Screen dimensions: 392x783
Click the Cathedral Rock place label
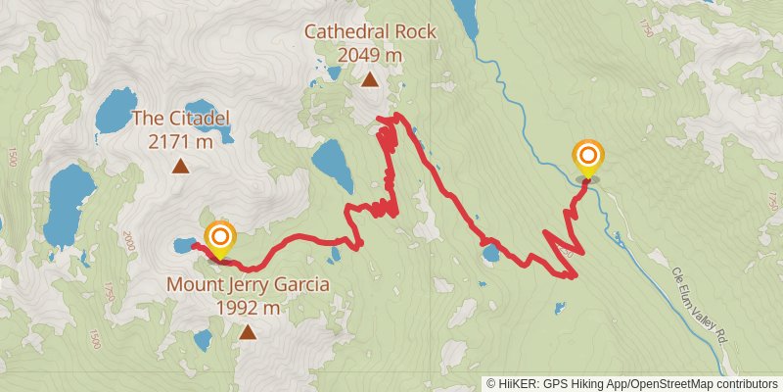[x=370, y=32]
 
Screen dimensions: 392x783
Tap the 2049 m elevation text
[x=370, y=55]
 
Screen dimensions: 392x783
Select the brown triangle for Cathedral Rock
[x=370, y=80]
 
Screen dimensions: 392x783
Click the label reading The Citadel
[x=181, y=120]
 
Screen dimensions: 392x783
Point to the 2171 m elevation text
[x=181, y=142]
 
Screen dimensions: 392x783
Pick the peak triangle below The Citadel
[x=181, y=167]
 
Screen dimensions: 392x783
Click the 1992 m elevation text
[x=248, y=308]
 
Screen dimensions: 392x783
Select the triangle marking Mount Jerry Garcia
[x=249, y=332]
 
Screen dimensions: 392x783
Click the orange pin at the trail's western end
[x=221, y=238]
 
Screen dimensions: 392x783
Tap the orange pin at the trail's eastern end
[x=588, y=158]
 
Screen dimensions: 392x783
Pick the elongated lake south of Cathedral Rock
[x=332, y=164]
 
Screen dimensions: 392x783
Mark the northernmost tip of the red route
[x=396, y=117]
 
